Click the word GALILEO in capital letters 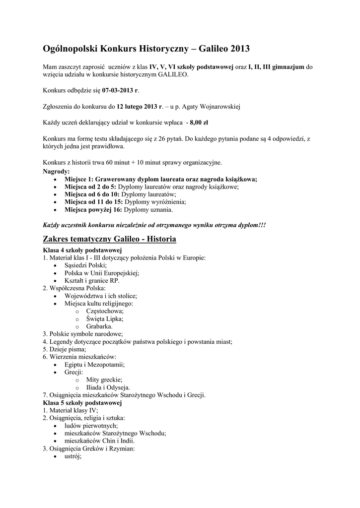pos(172,74)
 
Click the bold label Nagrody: pos(56,171)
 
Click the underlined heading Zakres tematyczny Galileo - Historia pos(109,239)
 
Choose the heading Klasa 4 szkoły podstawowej pos(82,250)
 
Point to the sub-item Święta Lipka pos(105,319)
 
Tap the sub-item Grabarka pos(99,326)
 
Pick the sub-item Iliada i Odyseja pos(108,387)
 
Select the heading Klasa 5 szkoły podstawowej pos(82,403)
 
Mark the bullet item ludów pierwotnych pos(91,426)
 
